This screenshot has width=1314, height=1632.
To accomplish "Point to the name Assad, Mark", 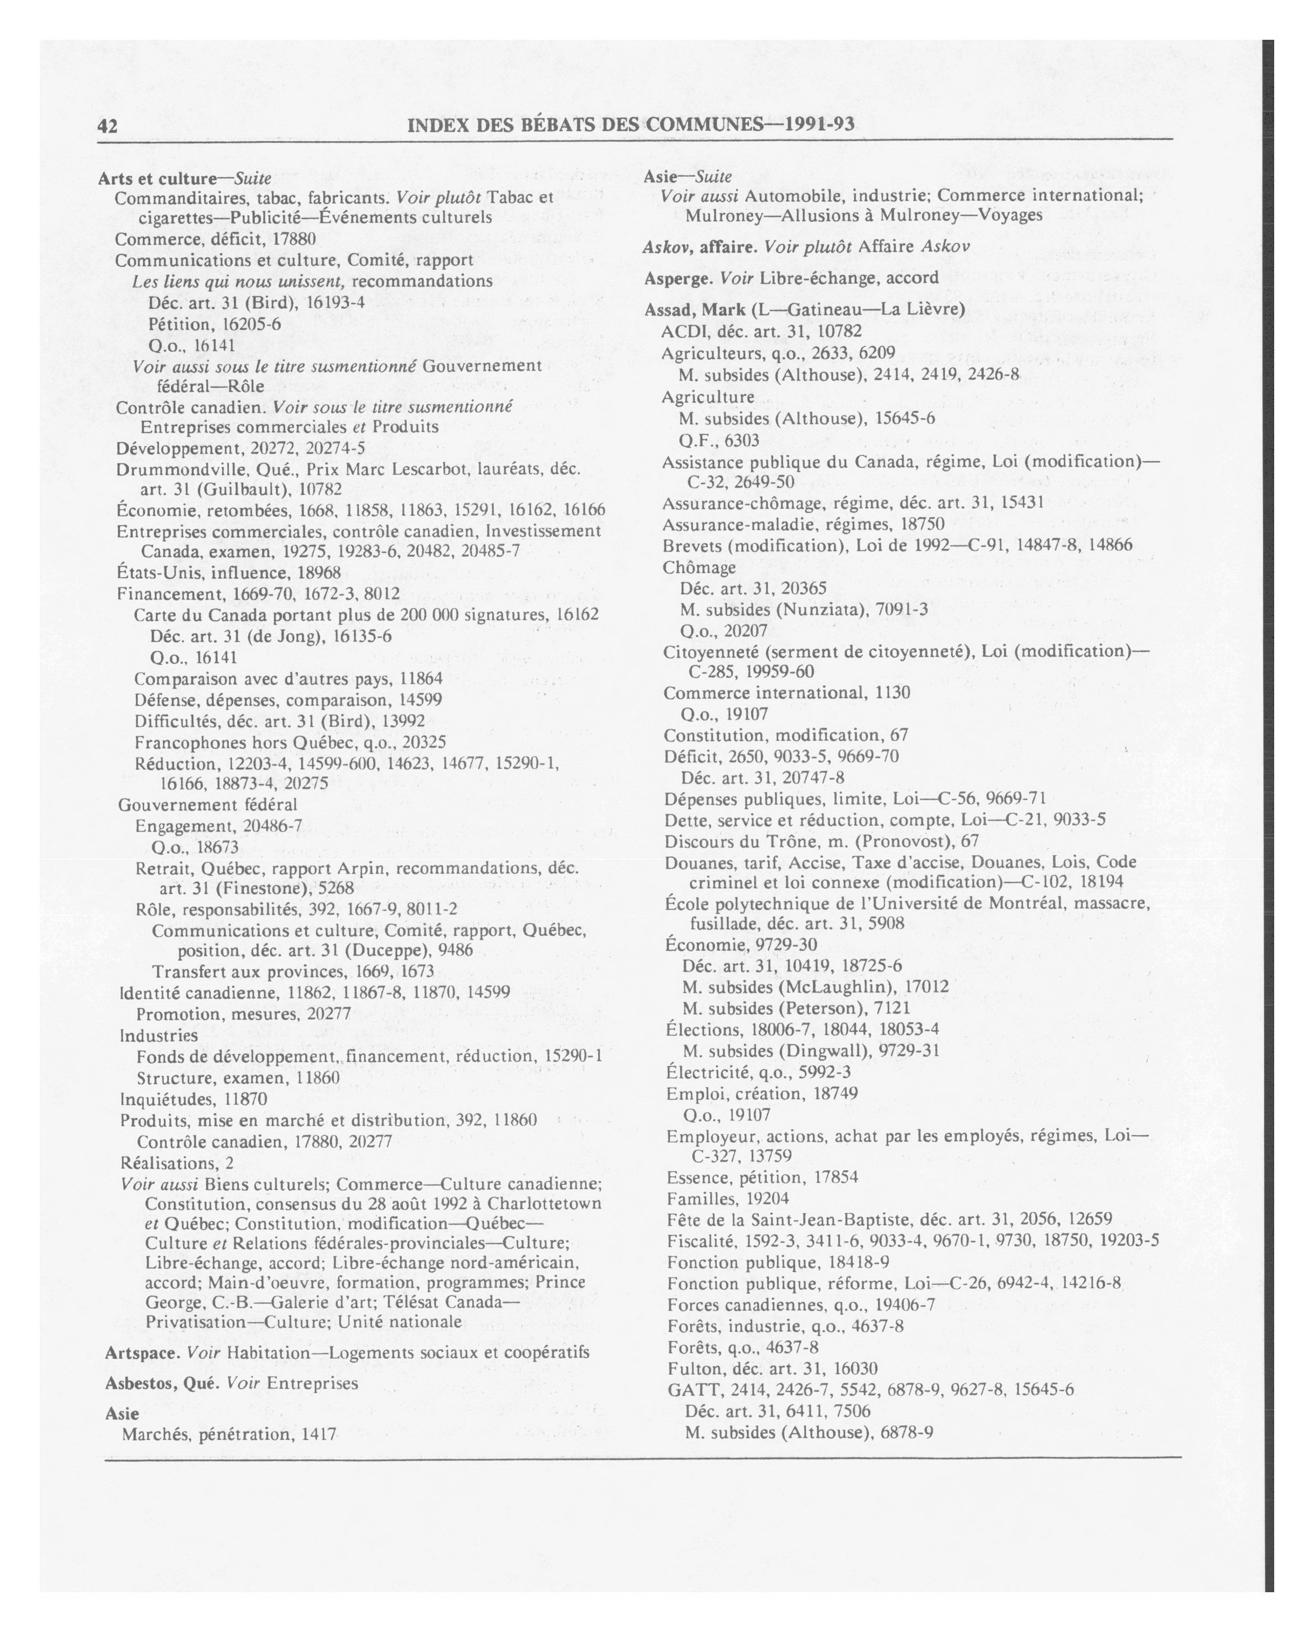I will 694,310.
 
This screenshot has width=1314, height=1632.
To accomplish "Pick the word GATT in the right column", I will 687,1389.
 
